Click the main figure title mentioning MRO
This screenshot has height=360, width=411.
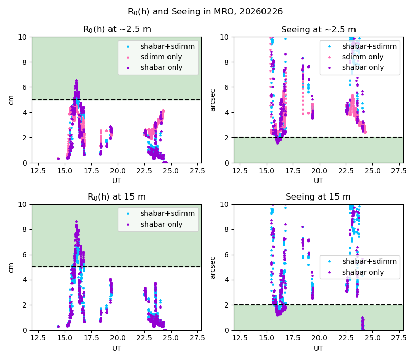click(205, 12)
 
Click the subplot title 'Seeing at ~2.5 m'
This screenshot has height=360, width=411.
click(318, 30)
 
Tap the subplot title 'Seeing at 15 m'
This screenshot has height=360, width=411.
click(318, 197)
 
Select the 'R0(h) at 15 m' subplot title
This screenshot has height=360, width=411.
click(117, 197)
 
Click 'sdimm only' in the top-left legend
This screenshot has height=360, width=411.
click(161, 57)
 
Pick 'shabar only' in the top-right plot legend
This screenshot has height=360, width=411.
click(363, 67)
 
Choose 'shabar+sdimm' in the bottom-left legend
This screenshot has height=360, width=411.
click(167, 213)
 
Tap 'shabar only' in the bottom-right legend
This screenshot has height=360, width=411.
click(363, 272)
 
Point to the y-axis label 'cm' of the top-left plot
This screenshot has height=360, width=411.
click(11, 100)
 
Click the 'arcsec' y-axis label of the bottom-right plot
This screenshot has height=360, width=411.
click(213, 267)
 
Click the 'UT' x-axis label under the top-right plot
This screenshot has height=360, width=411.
click(318, 181)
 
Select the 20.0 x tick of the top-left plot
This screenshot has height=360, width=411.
click(118, 171)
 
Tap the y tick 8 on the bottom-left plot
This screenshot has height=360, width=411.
click(25, 229)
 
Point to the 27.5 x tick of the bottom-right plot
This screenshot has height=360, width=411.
click(399, 338)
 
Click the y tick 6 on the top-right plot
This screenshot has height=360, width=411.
click(226, 87)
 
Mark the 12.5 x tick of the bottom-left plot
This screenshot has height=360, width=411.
click(38, 338)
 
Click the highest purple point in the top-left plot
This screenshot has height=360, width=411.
click(76, 81)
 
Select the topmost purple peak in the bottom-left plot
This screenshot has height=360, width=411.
click(76, 222)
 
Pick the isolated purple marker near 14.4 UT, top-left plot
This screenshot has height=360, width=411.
click(58, 159)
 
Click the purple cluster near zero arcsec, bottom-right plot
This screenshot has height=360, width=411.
click(363, 323)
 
